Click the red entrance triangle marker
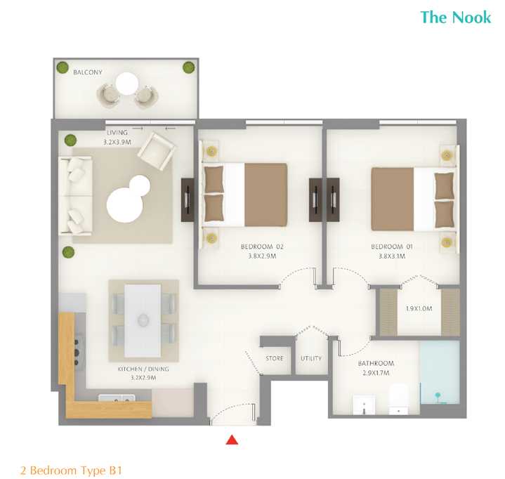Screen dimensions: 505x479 (232, 440)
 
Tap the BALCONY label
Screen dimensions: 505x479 (88, 72)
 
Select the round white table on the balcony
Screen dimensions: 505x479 (127, 84)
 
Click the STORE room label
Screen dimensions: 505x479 (275, 358)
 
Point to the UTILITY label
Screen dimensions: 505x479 (311, 358)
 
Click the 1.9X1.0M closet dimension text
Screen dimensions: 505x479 (419, 308)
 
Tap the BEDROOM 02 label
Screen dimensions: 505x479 (262, 247)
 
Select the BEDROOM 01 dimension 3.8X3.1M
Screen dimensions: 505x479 (392, 256)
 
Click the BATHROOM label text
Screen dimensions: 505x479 (376, 363)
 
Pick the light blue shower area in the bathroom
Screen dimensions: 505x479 (440, 372)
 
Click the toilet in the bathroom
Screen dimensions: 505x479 (398, 399)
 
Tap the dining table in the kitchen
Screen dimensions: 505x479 (143, 320)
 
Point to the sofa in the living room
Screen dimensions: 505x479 (76, 195)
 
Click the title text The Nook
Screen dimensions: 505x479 (456, 17)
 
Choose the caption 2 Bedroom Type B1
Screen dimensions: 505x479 (71, 471)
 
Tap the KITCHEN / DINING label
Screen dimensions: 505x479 (143, 369)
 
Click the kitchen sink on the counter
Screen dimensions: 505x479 (117, 398)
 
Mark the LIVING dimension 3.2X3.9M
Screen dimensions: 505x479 (117, 142)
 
